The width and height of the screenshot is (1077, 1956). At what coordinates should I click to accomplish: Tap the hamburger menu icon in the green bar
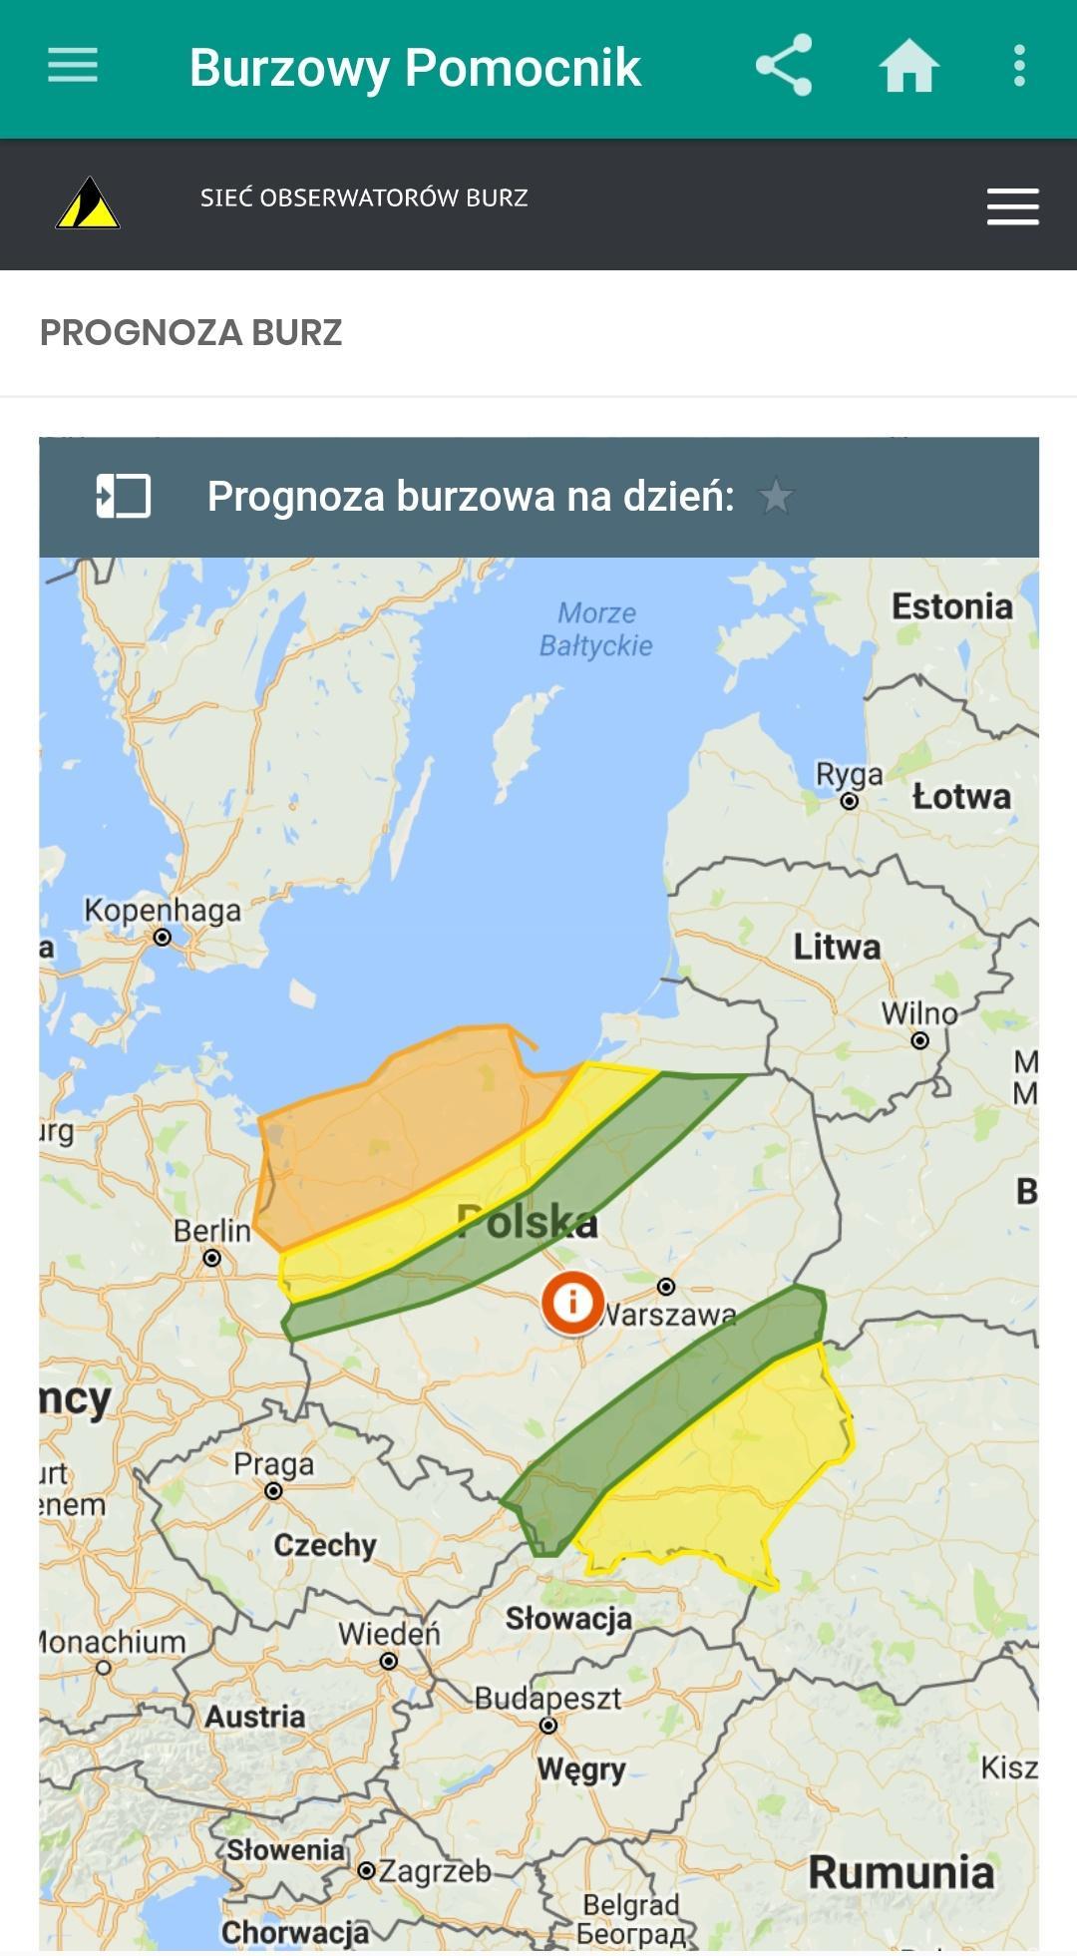[73, 66]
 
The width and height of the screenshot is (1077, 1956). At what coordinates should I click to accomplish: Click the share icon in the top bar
[784, 66]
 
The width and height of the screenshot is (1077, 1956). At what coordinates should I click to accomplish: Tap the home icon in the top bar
[908, 67]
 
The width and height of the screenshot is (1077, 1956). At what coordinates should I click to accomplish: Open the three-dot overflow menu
[1018, 66]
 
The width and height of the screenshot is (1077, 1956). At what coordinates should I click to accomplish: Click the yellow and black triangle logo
[88, 203]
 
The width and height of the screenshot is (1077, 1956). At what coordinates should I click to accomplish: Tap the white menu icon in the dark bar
[1012, 206]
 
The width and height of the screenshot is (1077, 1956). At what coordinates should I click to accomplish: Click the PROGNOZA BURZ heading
[190, 332]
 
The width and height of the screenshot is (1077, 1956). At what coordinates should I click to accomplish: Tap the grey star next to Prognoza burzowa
[776, 496]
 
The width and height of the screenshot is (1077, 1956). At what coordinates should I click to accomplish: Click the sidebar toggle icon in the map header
[123, 496]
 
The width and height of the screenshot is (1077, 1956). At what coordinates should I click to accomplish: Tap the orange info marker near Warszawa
[572, 1302]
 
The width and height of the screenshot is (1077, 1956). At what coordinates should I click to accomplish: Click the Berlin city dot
[211, 1259]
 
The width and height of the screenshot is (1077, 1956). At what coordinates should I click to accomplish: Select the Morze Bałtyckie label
[596, 629]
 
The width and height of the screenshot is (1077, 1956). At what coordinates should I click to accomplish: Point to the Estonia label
[951, 606]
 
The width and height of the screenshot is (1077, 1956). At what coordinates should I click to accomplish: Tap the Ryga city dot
[850, 801]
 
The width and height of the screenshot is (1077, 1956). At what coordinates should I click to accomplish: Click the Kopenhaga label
[163, 910]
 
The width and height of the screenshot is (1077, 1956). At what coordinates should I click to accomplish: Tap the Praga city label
[273, 1464]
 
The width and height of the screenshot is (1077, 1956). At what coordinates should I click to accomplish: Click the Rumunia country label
[900, 1872]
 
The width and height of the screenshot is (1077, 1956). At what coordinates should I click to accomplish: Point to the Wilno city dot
[920, 1040]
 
